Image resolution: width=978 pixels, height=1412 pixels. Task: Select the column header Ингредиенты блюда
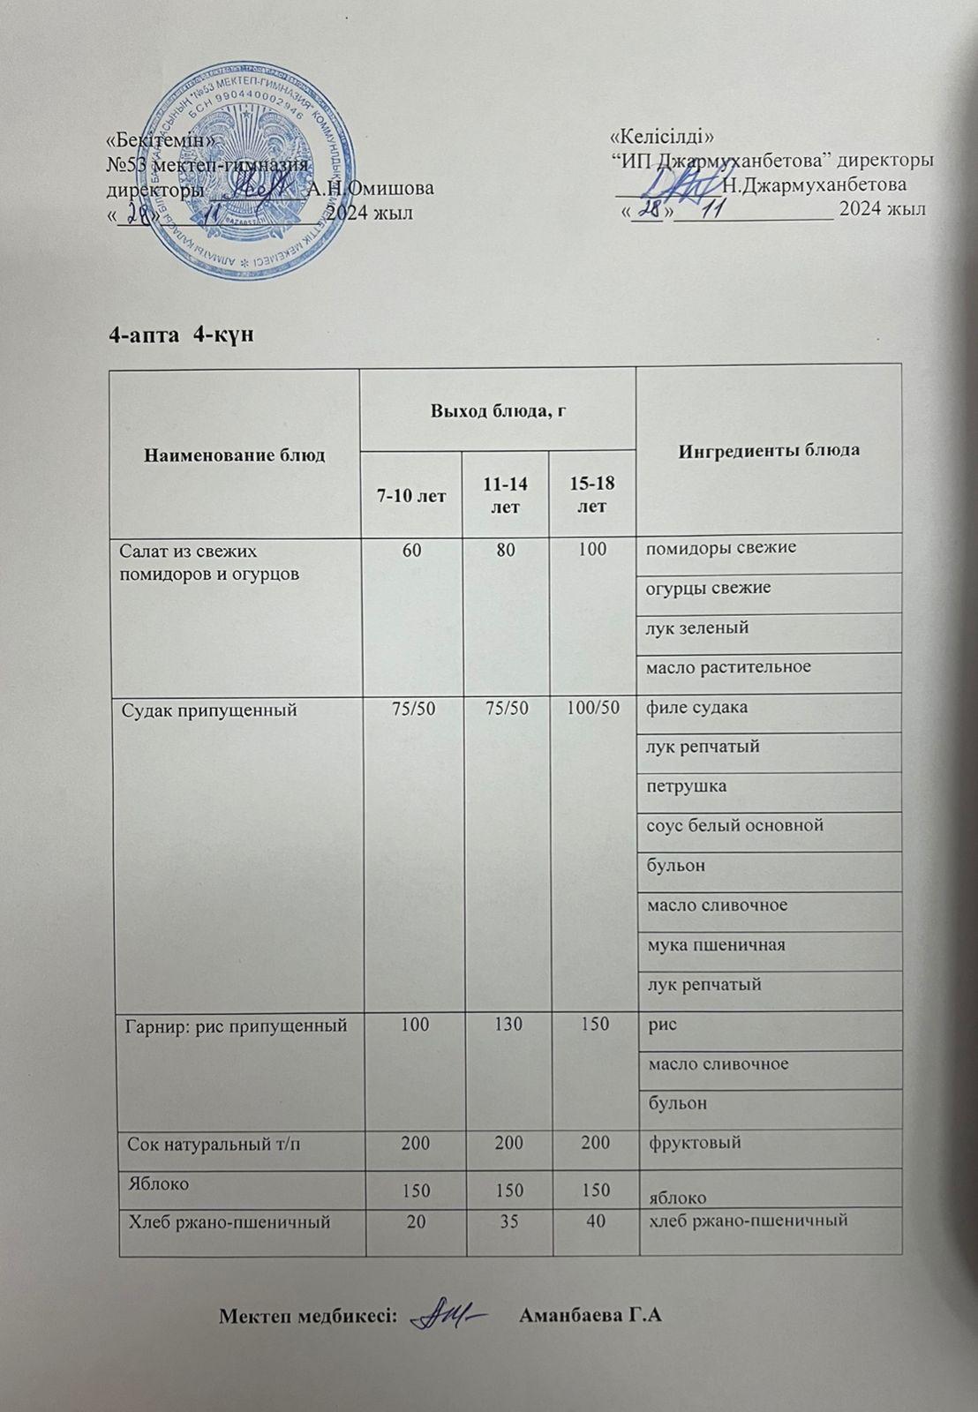pyautogui.click(x=769, y=450)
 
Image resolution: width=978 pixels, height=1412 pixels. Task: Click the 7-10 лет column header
pyautogui.click(x=411, y=495)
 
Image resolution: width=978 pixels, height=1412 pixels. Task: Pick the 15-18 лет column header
pyautogui.click(x=592, y=494)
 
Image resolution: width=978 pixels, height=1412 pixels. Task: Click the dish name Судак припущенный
pyautogui.click(x=208, y=710)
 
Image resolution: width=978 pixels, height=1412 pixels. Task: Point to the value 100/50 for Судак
pyautogui.click(x=592, y=708)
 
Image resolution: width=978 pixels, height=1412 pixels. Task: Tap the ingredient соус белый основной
pyautogui.click(x=735, y=826)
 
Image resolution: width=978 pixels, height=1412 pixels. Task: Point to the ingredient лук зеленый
pyautogui.click(x=697, y=628)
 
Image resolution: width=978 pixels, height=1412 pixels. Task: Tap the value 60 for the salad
pyautogui.click(x=411, y=549)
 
